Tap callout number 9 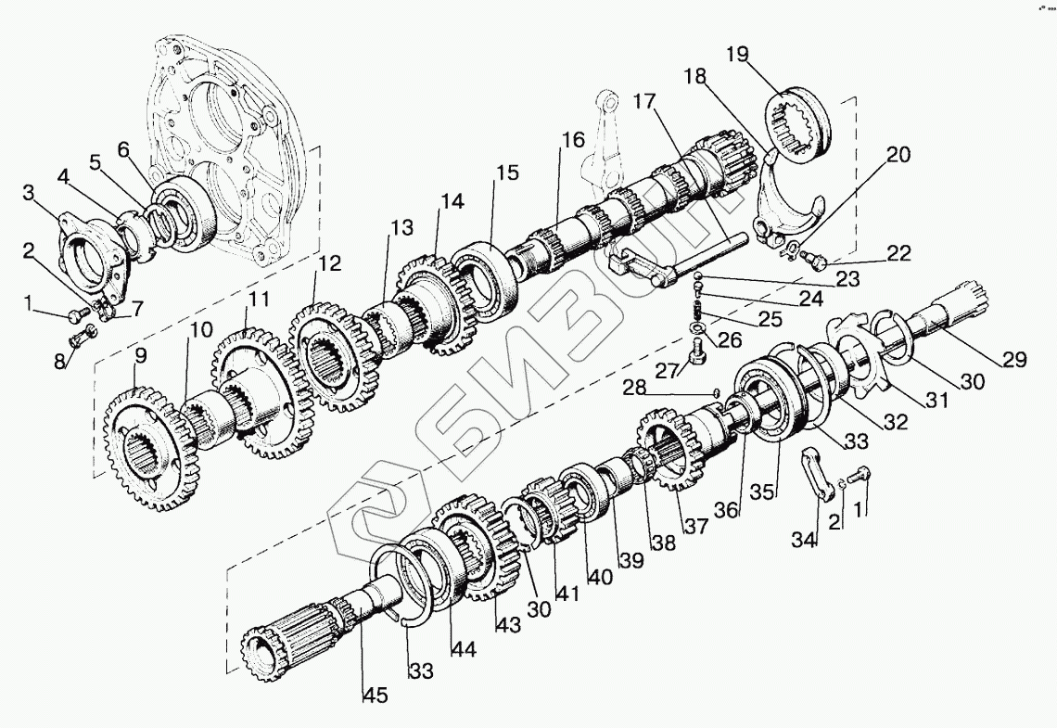[140, 355]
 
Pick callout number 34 [805, 538]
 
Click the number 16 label [572, 140]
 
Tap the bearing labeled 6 [185, 218]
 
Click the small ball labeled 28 [716, 392]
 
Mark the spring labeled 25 [696, 302]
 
